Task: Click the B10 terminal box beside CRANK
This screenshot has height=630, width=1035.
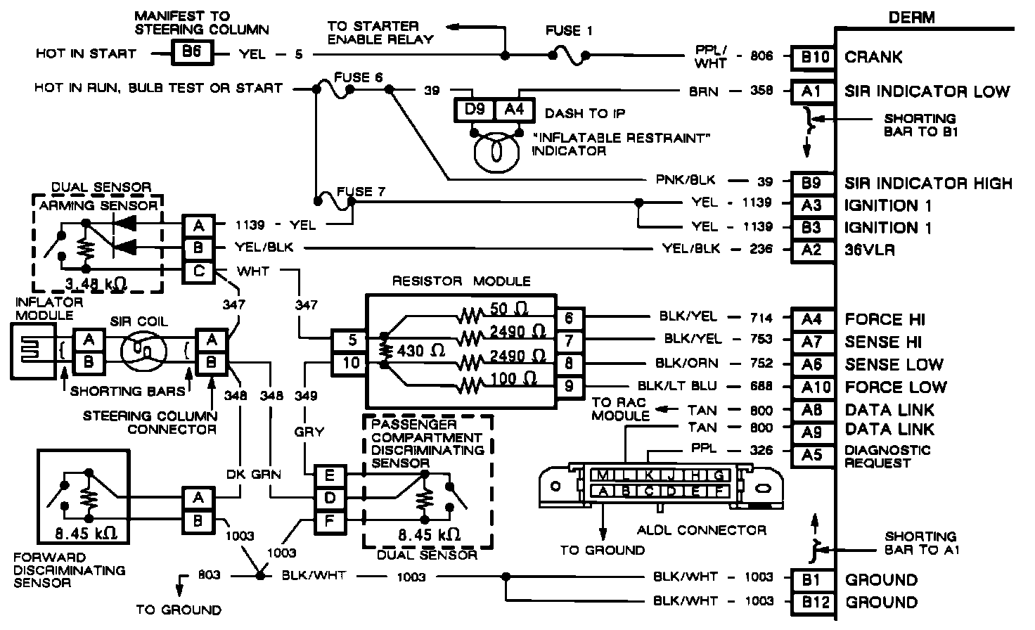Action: coord(815,57)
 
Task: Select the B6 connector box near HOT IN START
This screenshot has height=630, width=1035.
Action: coord(191,53)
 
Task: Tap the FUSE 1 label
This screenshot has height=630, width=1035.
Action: coord(569,31)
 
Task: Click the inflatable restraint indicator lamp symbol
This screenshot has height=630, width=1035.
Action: coord(496,151)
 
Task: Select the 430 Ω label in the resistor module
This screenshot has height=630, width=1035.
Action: coord(420,350)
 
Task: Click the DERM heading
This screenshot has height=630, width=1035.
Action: coord(911,17)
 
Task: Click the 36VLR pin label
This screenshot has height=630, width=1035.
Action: coord(870,250)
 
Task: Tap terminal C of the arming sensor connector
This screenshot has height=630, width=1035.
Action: coord(199,271)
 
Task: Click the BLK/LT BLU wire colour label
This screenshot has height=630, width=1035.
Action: coord(677,386)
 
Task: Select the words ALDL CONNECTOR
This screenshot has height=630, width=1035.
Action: coord(701,529)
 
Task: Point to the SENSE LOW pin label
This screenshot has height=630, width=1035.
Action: coord(894,364)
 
